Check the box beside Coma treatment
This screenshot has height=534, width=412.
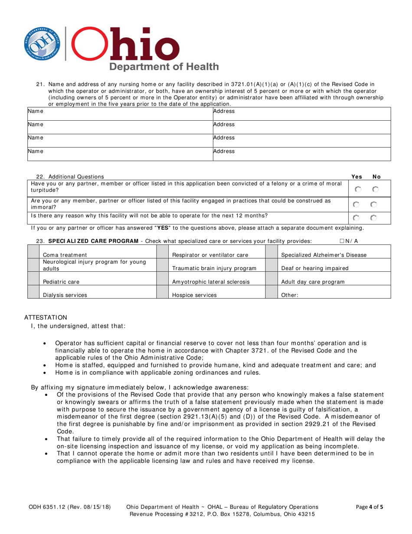(x=33, y=252)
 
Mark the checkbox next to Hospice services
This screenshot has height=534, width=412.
(x=162, y=292)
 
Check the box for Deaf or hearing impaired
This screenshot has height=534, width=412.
(x=271, y=265)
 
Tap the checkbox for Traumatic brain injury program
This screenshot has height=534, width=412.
(x=162, y=265)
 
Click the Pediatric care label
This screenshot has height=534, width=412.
(x=61, y=282)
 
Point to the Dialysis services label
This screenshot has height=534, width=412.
(x=65, y=295)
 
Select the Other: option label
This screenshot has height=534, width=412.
(x=290, y=295)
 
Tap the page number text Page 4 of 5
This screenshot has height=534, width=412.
(x=370, y=507)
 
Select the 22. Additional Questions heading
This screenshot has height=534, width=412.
(x=70, y=177)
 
